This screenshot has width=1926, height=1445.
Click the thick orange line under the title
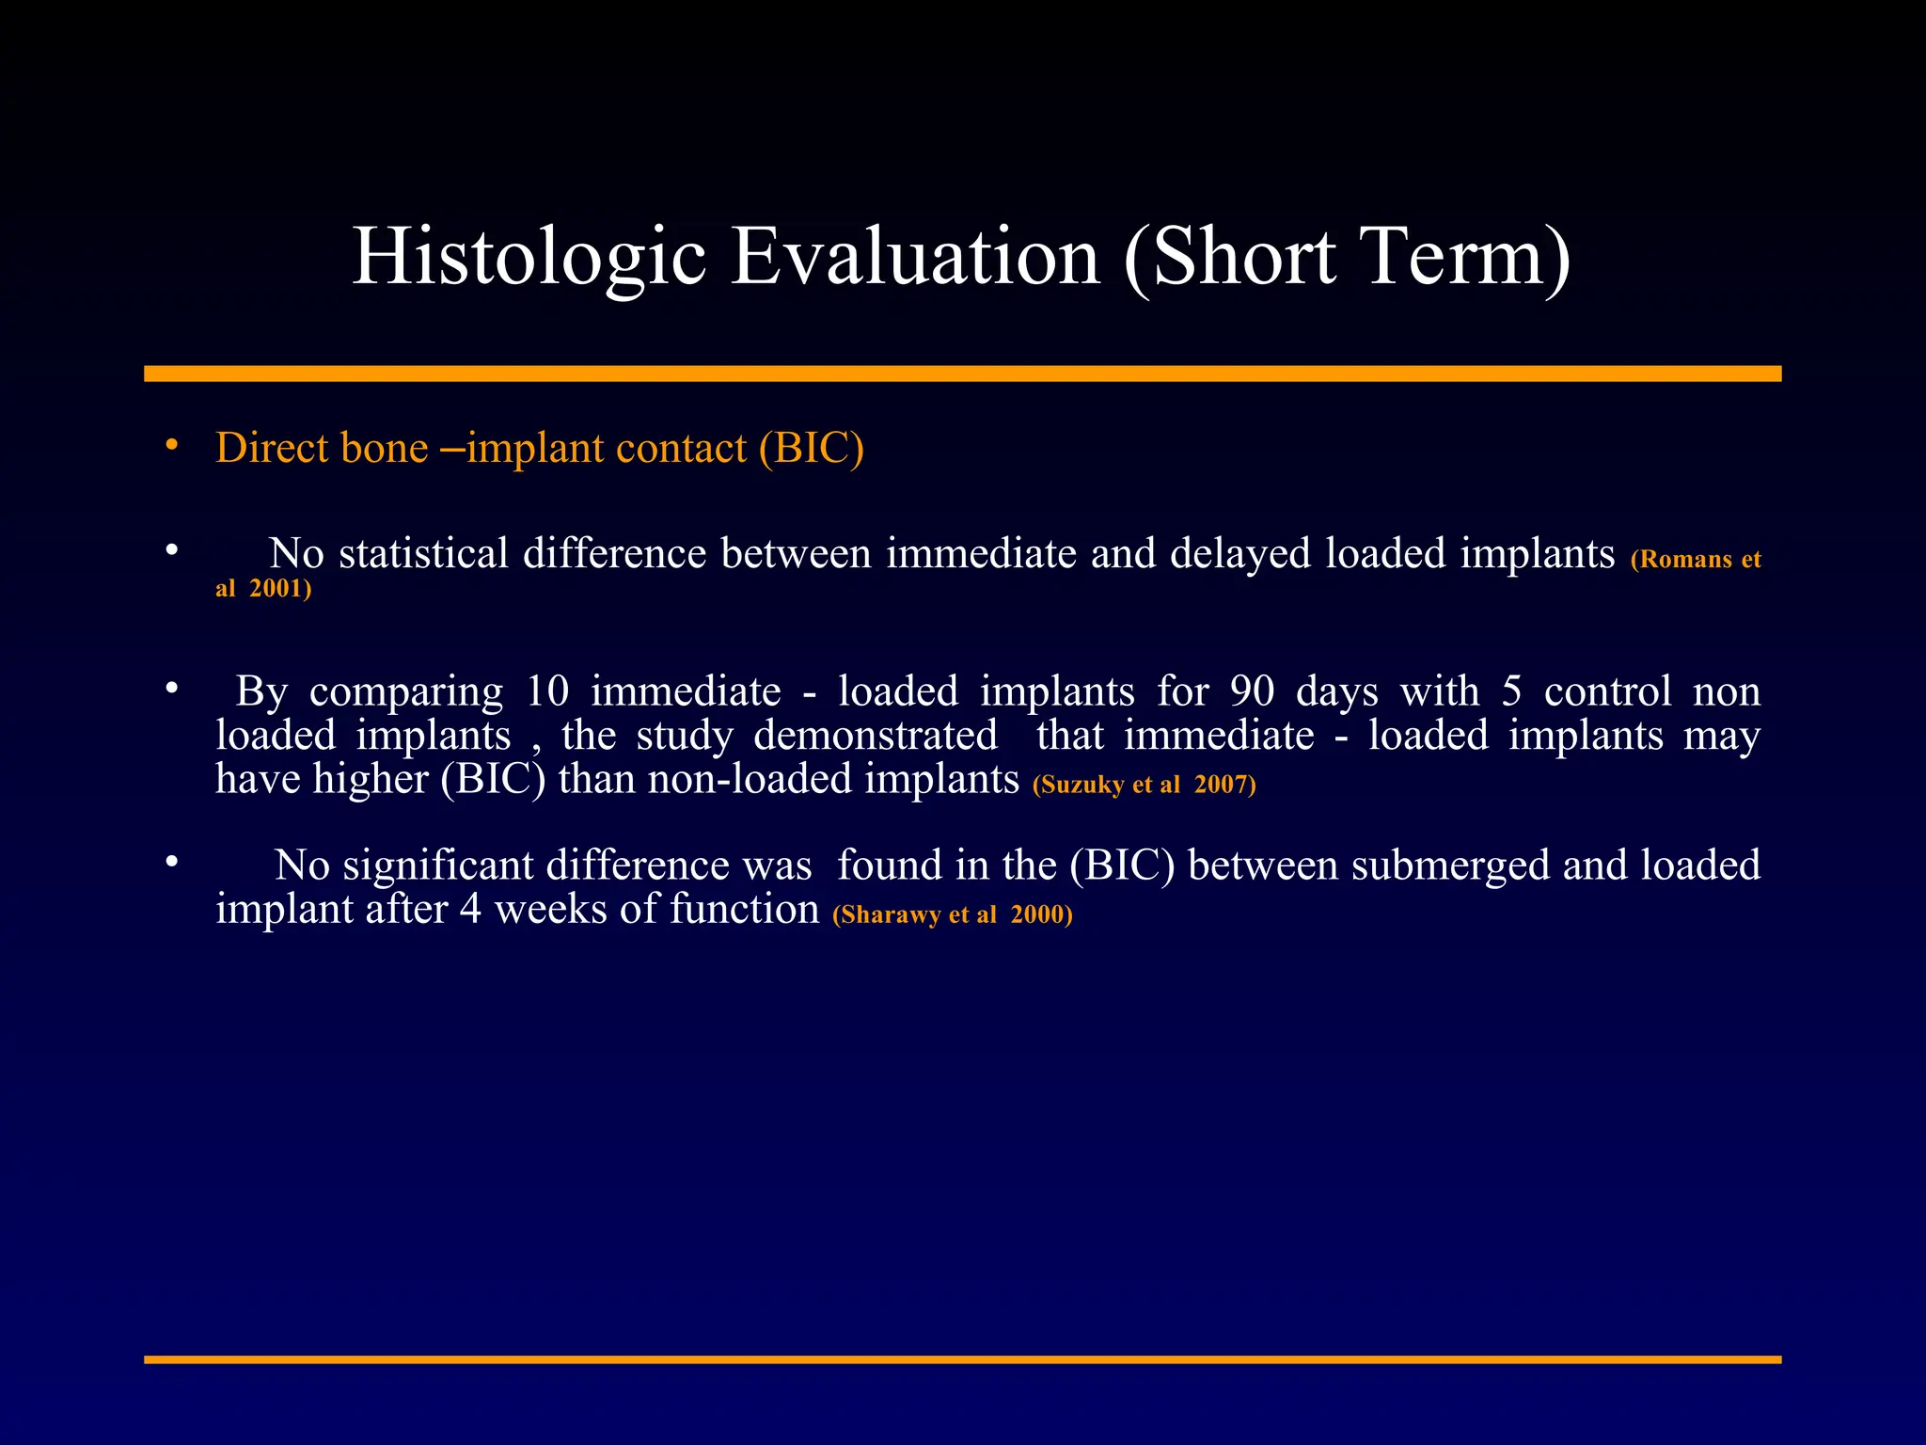tap(962, 373)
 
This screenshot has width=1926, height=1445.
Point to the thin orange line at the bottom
tap(962, 1359)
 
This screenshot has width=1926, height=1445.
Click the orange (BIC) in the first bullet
tap(812, 448)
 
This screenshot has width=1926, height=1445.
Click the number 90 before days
tap(1252, 691)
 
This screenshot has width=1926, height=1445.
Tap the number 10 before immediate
tap(547, 691)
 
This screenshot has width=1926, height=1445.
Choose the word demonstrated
tap(875, 735)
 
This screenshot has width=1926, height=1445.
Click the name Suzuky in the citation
tap(1082, 785)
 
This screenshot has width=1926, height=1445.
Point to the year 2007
tap(1221, 785)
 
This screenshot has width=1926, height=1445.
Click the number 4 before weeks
tap(470, 910)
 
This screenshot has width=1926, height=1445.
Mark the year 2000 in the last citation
tap(1037, 914)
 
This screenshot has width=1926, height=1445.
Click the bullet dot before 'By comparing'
tap(171, 689)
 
